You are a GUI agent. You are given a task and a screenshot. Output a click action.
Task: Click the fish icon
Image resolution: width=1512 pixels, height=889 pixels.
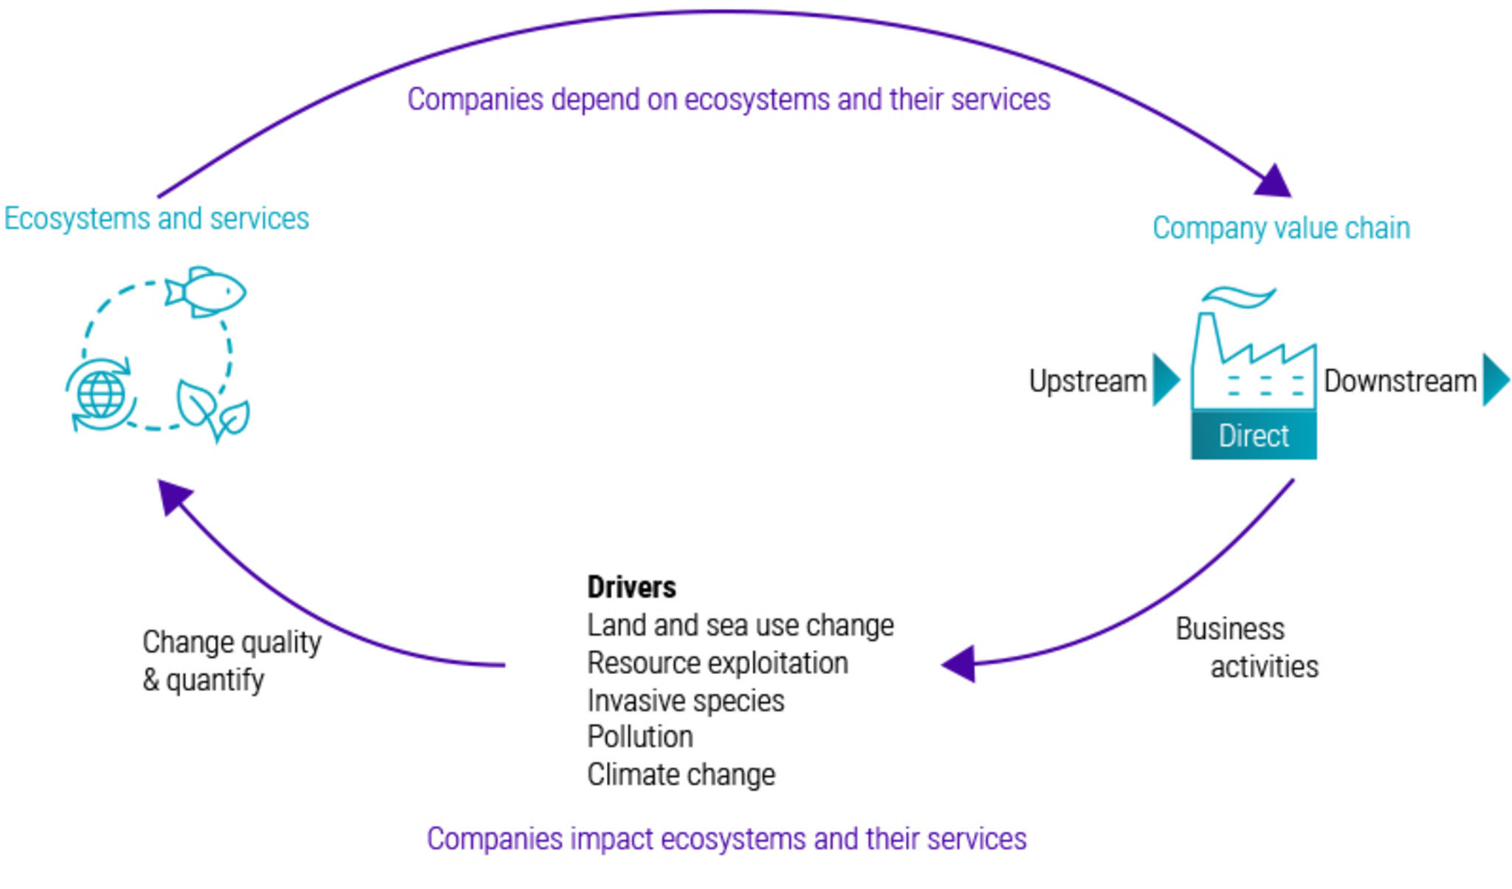click(x=206, y=292)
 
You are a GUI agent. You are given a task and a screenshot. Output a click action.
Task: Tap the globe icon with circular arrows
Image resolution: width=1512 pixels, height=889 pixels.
click(x=101, y=394)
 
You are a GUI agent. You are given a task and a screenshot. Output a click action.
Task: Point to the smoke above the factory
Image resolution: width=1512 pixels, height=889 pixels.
click(x=1238, y=297)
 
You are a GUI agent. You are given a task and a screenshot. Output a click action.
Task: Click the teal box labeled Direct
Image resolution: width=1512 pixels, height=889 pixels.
click(x=1254, y=436)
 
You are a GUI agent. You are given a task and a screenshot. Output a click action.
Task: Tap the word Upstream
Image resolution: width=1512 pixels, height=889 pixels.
click(x=1087, y=381)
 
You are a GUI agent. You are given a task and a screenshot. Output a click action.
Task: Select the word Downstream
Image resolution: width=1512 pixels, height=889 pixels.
click(x=1400, y=381)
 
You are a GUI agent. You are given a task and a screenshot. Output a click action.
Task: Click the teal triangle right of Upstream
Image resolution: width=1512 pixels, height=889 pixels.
click(x=1165, y=380)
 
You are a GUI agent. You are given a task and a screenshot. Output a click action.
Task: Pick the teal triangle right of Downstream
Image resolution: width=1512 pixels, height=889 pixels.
click(x=1494, y=380)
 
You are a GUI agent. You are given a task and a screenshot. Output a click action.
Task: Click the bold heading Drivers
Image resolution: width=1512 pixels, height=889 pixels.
click(x=631, y=588)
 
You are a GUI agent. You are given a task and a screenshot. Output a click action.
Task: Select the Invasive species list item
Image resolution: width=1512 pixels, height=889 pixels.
click(x=685, y=701)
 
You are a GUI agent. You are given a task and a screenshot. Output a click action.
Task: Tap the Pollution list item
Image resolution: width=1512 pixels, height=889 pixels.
click(x=640, y=737)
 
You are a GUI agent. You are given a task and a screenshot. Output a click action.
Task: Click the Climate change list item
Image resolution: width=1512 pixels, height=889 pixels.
click(x=681, y=775)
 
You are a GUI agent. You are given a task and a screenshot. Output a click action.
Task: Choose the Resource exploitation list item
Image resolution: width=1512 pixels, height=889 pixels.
click(x=717, y=663)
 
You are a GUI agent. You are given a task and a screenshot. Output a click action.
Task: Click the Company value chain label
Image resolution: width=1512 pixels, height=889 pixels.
click(x=1281, y=228)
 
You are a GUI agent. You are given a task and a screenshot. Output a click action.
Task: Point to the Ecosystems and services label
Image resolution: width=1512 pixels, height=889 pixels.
click(x=157, y=219)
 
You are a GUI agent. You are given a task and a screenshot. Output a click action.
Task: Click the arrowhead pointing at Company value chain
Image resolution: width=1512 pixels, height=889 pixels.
click(x=1274, y=182)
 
